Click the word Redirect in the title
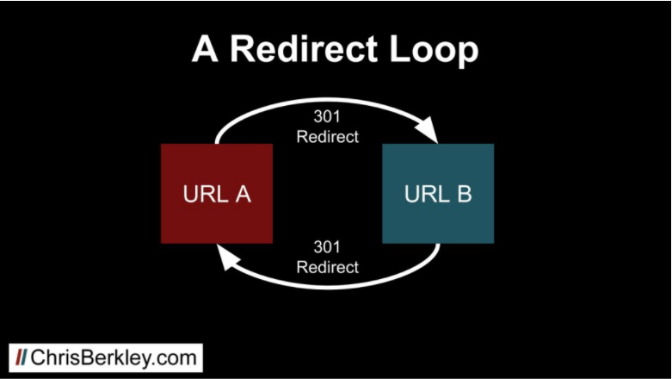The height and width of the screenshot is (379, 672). pyautogui.click(x=304, y=49)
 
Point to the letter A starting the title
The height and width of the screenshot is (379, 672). pyautogui.click(x=205, y=49)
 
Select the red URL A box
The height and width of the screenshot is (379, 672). pyautogui.click(x=217, y=194)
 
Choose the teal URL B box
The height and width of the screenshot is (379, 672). pyautogui.click(x=438, y=194)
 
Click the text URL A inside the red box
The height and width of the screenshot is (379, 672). pyautogui.click(x=217, y=194)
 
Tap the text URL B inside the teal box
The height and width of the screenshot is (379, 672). pyautogui.click(x=438, y=194)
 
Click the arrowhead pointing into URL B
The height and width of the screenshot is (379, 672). pyautogui.click(x=428, y=129)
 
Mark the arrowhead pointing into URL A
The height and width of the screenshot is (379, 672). pyautogui.click(x=228, y=257)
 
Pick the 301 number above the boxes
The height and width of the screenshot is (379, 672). pyautogui.click(x=327, y=116)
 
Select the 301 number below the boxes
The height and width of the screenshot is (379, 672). pyautogui.click(x=327, y=247)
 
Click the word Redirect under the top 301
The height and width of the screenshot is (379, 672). pyautogui.click(x=328, y=137)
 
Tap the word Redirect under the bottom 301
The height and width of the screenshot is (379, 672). pyautogui.click(x=328, y=267)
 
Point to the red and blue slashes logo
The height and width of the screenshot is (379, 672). pyautogui.click(x=21, y=357)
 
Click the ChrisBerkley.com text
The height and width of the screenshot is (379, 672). pyautogui.click(x=114, y=358)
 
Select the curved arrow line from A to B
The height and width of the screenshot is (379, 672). pyautogui.click(x=327, y=100)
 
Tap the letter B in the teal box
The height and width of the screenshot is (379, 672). pyautogui.click(x=464, y=194)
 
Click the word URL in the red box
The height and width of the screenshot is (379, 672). pyautogui.click(x=206, y=194)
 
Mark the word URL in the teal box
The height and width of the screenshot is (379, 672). pyautogui.click(x=427, y=194)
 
